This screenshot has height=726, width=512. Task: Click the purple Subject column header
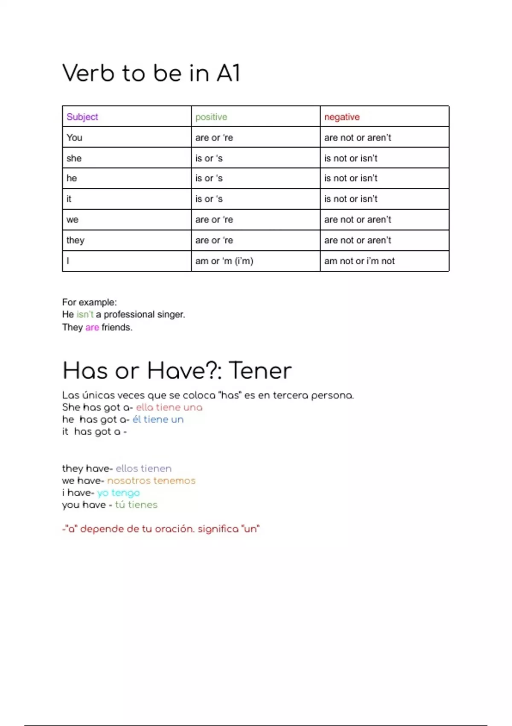(82, 117)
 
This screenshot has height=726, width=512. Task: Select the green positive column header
(211, 117)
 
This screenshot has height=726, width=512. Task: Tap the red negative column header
(342, 117)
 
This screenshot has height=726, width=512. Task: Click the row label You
(74, 138)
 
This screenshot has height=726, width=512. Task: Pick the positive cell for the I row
(224, 261)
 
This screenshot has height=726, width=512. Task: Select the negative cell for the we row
(358, 220)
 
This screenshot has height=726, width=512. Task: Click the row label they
(76, 240)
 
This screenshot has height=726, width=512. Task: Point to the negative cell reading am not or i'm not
(359, 261)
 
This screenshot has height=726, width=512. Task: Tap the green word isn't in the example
(85, 315)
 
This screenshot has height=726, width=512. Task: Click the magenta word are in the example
(92, 328)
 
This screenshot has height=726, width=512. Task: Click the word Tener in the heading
(260, 371)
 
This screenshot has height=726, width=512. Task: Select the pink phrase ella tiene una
(169, 407)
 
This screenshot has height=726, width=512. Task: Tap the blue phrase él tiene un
(158, 419)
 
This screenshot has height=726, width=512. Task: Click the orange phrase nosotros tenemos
(151, 481)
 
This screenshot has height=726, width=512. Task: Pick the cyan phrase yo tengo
(118, 493)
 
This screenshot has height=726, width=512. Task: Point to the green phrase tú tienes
(136, 505)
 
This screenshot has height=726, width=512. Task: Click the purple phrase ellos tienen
(143, 468)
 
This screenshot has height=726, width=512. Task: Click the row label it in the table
(69, 199)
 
